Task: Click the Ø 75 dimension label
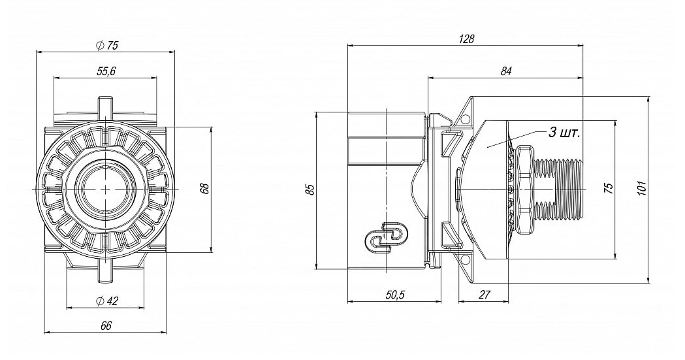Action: point(106,46)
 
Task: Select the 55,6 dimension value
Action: point(106,72)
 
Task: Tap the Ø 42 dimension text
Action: point(106,301)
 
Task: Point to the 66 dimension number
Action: point(106,325)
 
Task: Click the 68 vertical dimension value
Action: point(205,188)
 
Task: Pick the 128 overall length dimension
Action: point(466,39)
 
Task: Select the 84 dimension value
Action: point(506,71)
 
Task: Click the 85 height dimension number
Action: point(310,190)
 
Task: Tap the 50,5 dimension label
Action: point(395,295)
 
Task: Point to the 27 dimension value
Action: point(484,295)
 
